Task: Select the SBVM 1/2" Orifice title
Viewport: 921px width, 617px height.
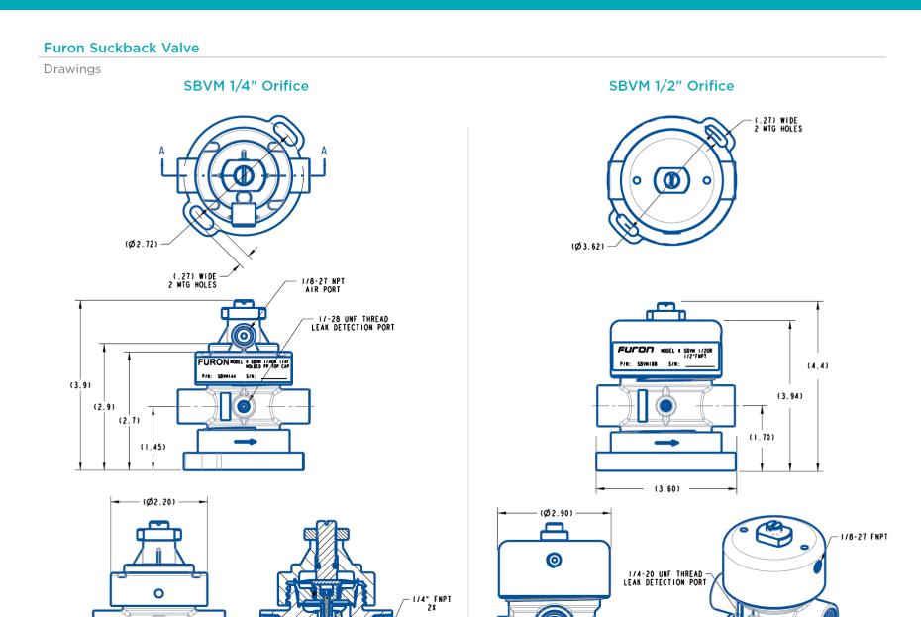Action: tap(670, 86)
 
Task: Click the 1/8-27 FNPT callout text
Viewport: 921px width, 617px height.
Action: tap(871, 536)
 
